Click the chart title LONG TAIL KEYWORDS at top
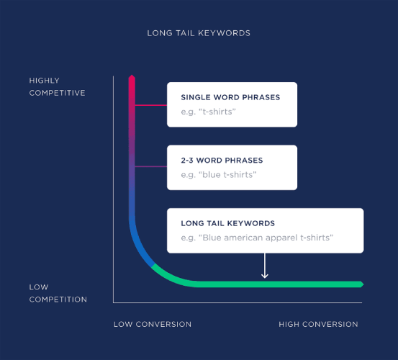click(x=199, y=33)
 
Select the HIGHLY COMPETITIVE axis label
click(x=57, y=86)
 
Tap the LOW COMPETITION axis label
click(x=58, y=293)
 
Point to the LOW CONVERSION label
click(x=153, y=325)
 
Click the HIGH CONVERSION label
click(x=318, y=325)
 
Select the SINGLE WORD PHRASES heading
click(x=230, y=97)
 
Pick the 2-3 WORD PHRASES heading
click(x=222, y=161)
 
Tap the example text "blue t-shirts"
click(x=219, y=175)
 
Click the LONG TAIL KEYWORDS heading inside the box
click(x=227, y=224)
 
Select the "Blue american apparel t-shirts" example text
click(x=257, y=238)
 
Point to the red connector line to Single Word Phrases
click(x=151, y=105)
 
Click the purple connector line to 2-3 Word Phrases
click(x=151, y=167)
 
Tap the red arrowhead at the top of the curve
click(x=132, y=78)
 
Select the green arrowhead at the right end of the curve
click(x=361, y=284)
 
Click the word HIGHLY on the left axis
click(x=45, y=81)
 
